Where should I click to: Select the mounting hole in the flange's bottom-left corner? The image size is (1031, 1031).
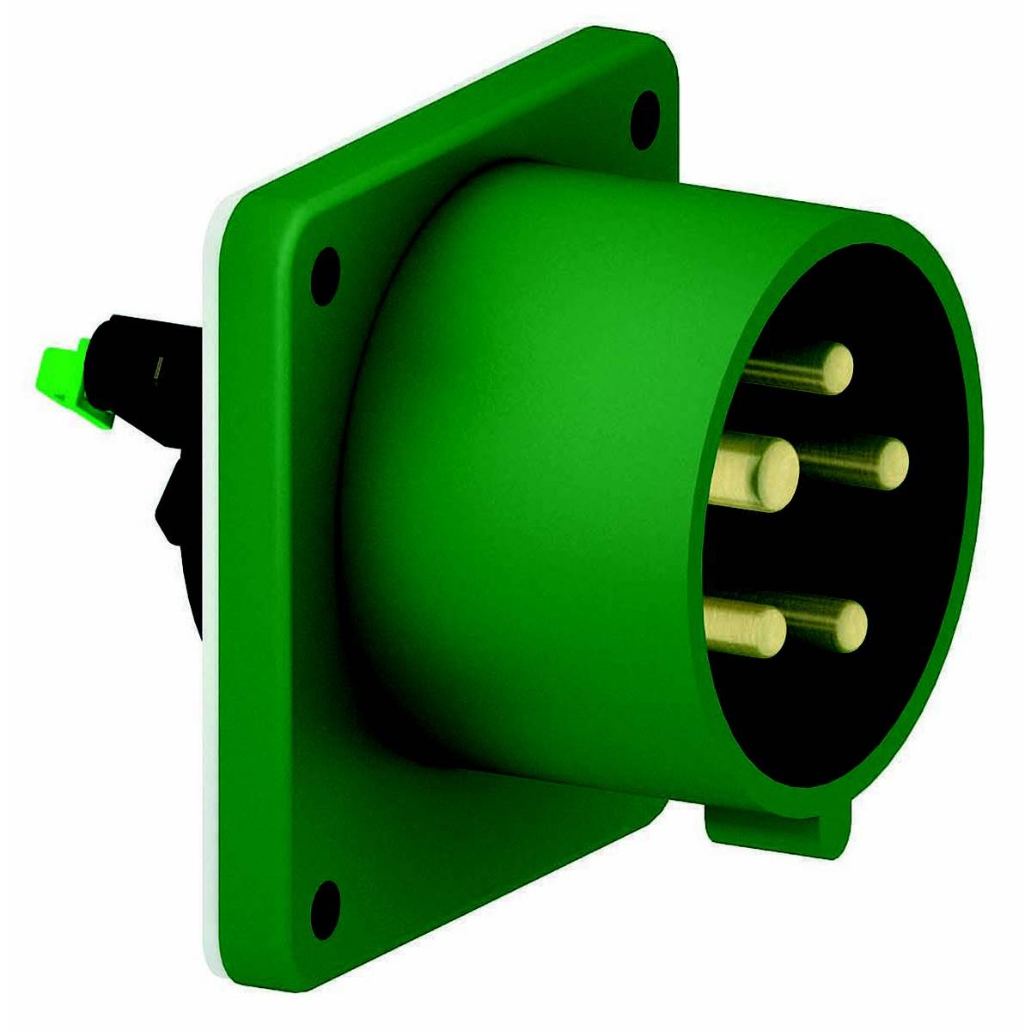(x=324, y=904)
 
